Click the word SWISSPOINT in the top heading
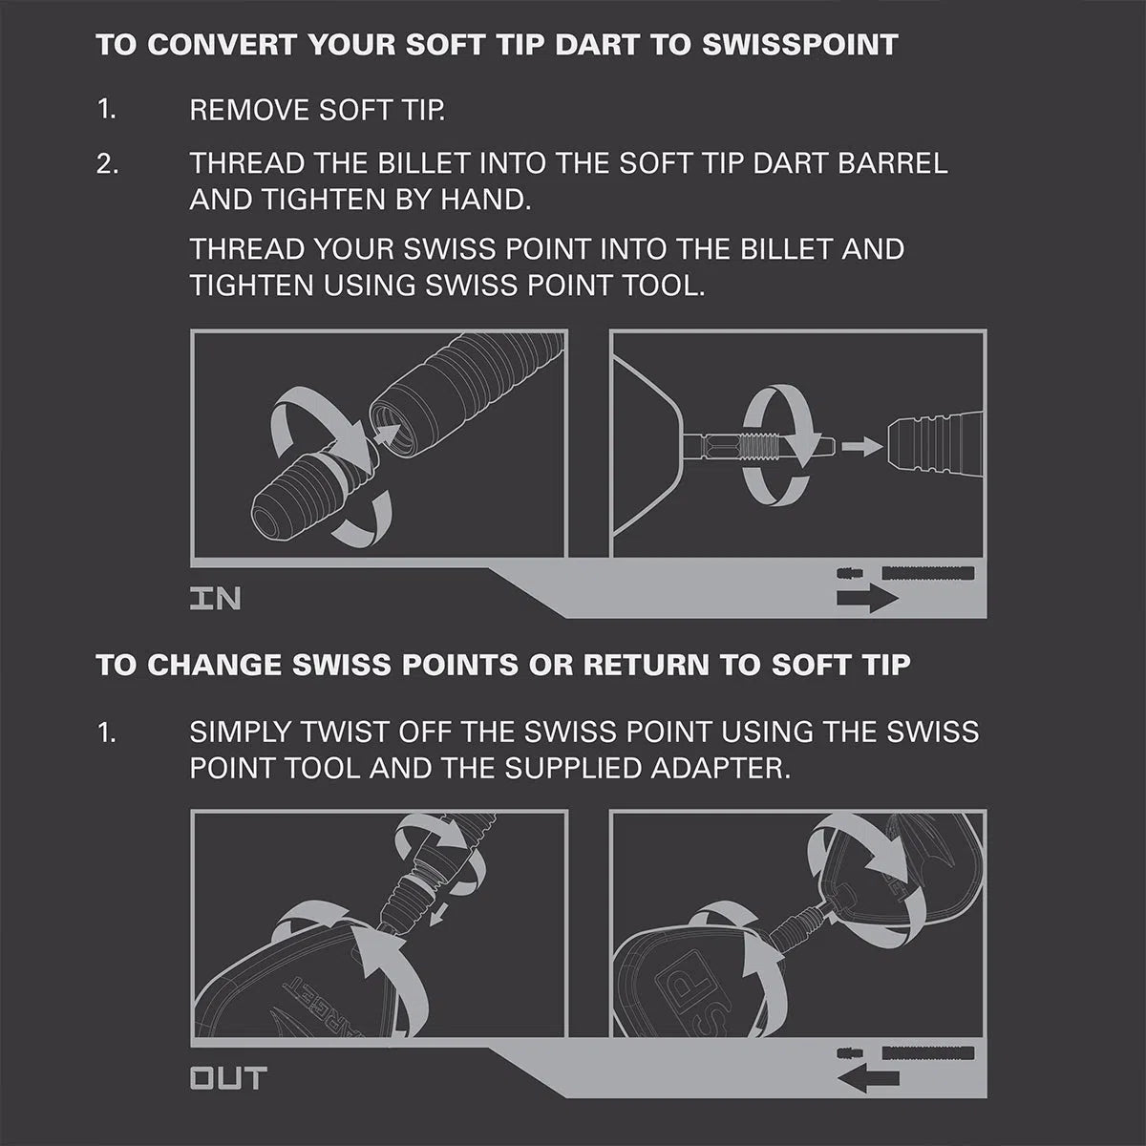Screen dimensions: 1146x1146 799,45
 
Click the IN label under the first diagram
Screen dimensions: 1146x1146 215,599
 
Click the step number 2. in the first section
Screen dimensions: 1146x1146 108,163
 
